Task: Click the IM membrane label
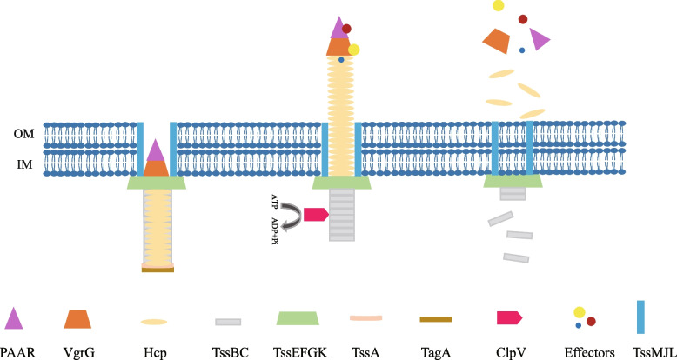[x=24, y=162]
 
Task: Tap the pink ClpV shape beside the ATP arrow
[x=315, y=214]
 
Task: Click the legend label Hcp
[x=153, y=353]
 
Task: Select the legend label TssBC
[x=229, y=353]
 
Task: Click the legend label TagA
[x=435, y=353]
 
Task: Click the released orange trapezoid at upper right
[x=495, y=39]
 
